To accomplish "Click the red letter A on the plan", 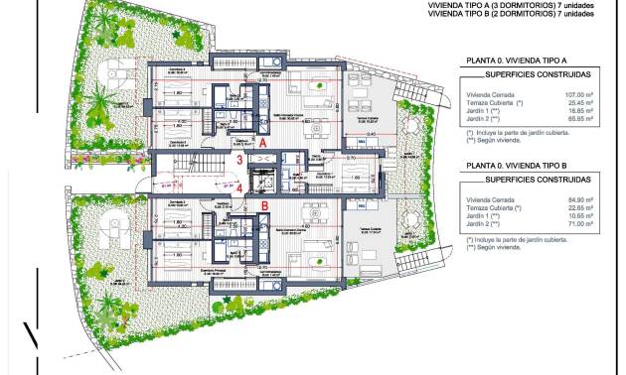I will tap(263, 143).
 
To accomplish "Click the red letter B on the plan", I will tap(264, 206).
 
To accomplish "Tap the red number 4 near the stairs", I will tap(238, 186).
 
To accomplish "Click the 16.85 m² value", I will tap(579, 111).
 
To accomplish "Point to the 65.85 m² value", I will tap(579, 119).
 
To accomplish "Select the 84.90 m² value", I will tap(579, 200).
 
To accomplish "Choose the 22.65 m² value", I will tap(579, 208).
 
